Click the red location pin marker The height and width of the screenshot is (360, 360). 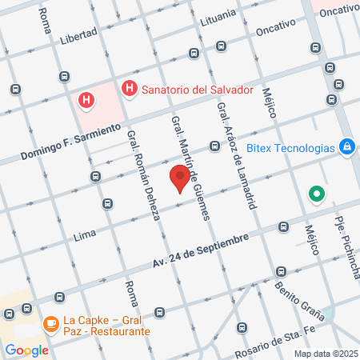180,178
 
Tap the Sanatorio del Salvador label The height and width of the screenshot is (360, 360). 191,88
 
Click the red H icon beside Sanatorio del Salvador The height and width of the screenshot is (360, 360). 127,88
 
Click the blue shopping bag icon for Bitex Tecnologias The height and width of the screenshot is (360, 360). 347,147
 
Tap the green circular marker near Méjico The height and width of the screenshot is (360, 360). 317,194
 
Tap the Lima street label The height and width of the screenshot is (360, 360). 85,235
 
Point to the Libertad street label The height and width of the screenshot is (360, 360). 79,34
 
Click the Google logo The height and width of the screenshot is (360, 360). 26,350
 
